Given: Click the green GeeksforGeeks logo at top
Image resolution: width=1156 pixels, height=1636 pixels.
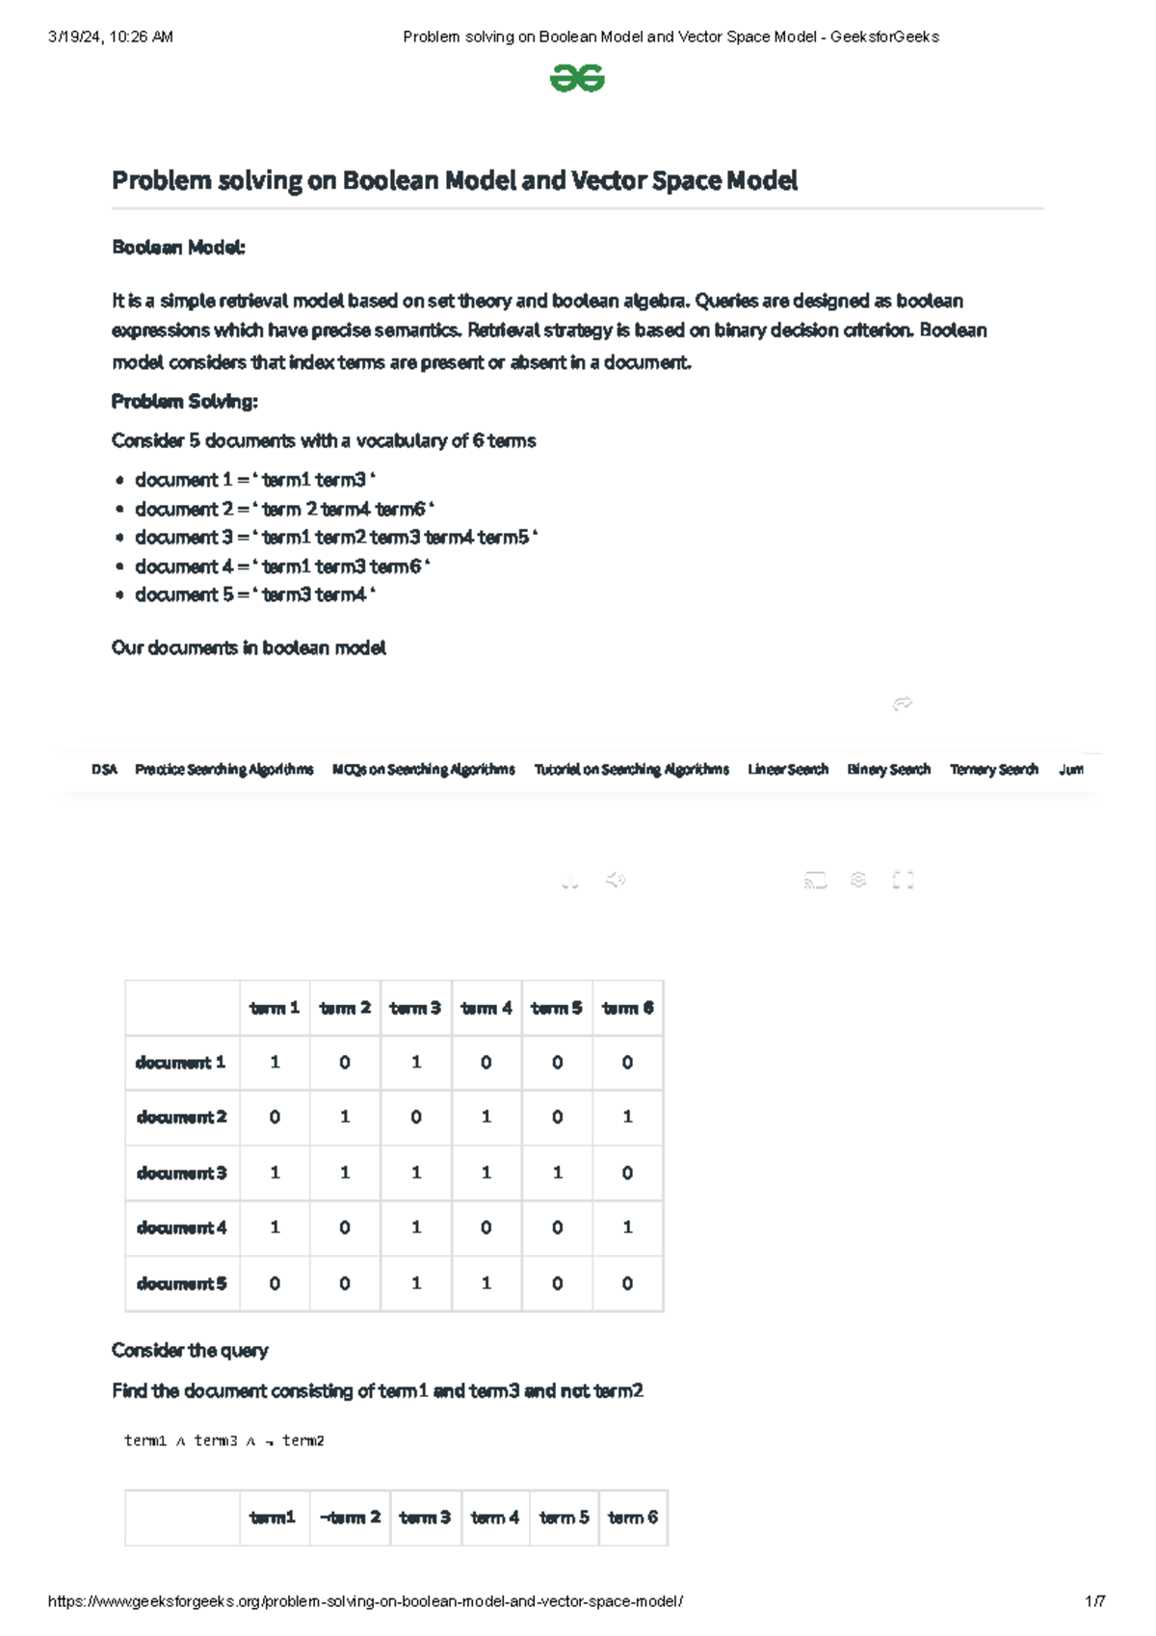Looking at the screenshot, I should [577, 78].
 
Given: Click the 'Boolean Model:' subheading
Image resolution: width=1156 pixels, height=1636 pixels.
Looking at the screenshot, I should [178, 248].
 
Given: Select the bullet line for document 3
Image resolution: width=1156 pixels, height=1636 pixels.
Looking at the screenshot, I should [335, 538].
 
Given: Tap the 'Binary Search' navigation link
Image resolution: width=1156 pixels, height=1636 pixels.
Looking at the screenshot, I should [888, 769].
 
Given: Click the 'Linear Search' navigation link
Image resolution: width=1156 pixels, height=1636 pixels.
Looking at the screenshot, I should [787, 769].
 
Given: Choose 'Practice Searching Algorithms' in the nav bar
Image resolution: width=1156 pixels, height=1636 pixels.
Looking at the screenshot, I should [223, 769].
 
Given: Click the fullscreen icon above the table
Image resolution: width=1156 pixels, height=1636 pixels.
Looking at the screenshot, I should [903, 880].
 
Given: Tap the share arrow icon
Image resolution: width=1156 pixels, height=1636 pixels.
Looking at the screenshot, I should [903, 703].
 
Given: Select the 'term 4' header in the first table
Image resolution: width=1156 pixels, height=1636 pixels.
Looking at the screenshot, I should [486, 1008].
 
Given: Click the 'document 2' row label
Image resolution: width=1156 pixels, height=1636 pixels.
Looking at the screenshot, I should [181, 1118].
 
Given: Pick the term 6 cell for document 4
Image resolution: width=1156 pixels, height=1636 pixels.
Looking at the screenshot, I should [627, 1227].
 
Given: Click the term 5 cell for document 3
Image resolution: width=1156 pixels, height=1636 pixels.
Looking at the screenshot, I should [557, 1173].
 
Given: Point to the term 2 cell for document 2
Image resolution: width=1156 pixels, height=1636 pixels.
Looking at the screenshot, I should [345, 1118].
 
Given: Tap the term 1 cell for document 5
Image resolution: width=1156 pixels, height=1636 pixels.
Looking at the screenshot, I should [275, 1283].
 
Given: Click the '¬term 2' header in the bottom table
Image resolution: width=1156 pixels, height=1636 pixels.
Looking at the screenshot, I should [350, 1517].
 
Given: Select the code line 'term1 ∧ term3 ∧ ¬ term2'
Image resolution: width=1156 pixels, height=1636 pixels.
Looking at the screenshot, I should [223, 1440].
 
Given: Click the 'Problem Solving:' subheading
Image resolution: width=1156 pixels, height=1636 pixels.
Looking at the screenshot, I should [184, 401].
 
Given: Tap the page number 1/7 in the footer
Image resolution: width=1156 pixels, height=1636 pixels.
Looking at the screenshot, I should [1094, 1601].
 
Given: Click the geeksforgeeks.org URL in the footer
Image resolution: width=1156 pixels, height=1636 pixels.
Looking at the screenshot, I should [365, 1601].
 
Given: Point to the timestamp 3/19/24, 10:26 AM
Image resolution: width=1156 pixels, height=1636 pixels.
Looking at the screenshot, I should [110, 37].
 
